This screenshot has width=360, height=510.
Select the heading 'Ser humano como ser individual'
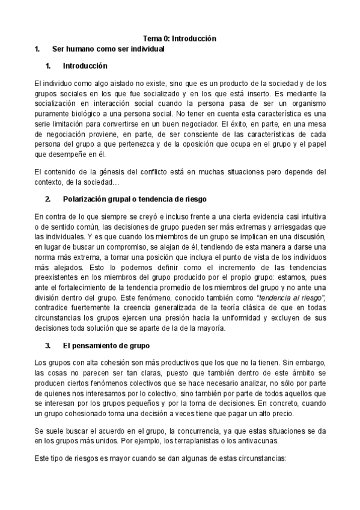pos(108,49)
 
